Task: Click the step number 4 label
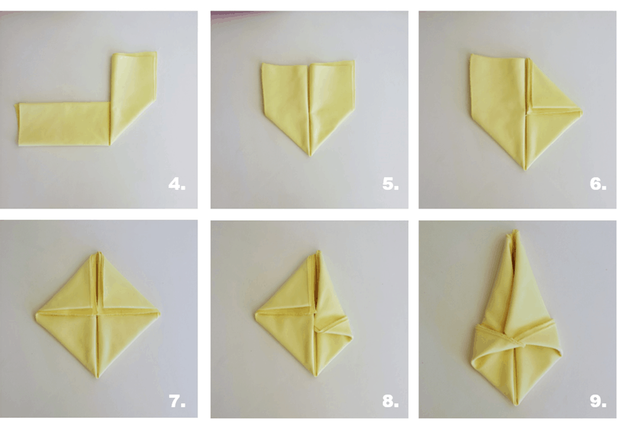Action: tap(177, 184)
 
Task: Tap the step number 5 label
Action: tap(390, 184)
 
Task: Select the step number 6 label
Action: tap(597, 184)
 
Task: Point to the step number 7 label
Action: tap(177, 401)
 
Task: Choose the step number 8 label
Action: tap(390, 401)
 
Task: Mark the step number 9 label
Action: tap(597, 401)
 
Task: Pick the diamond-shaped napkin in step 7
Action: tap(97, 315)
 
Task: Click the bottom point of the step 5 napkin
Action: tap(309, 156)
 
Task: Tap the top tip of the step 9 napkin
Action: tap(514, 232)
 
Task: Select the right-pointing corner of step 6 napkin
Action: tap(582, 112)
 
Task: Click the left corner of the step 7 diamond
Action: tap(36, 314)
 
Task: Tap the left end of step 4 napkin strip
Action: tap(17, 124)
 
